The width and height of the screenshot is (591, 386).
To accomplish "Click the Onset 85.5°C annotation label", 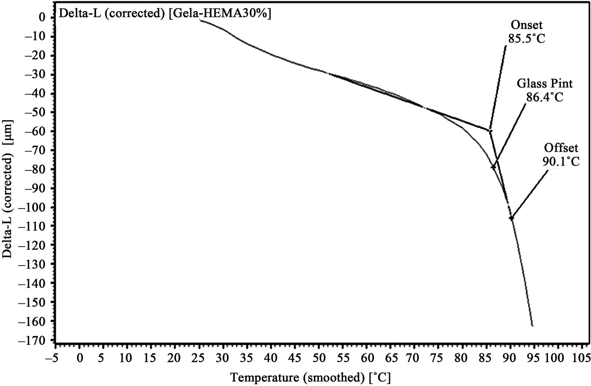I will [x=525, y=32].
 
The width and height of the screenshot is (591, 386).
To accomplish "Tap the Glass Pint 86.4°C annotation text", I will [x=545, y=90].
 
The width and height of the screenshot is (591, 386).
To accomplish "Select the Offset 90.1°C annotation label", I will [x=561, y=154].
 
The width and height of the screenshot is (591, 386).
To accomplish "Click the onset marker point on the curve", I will [x=490, y=131].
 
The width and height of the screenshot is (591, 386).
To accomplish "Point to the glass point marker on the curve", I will [x=493, y=167].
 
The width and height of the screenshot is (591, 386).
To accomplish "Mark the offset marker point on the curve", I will [x=511, y=218].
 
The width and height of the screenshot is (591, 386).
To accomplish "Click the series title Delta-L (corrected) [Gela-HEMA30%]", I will [x=165, y=13].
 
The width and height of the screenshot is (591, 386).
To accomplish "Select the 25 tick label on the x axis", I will [x=199, y=356].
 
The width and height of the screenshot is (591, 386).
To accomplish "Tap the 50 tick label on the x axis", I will [x=318, y=356].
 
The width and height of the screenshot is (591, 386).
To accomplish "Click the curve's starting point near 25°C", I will [x=200, y=19].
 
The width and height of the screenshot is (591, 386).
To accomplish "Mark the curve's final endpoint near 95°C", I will [x=532, y=326].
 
